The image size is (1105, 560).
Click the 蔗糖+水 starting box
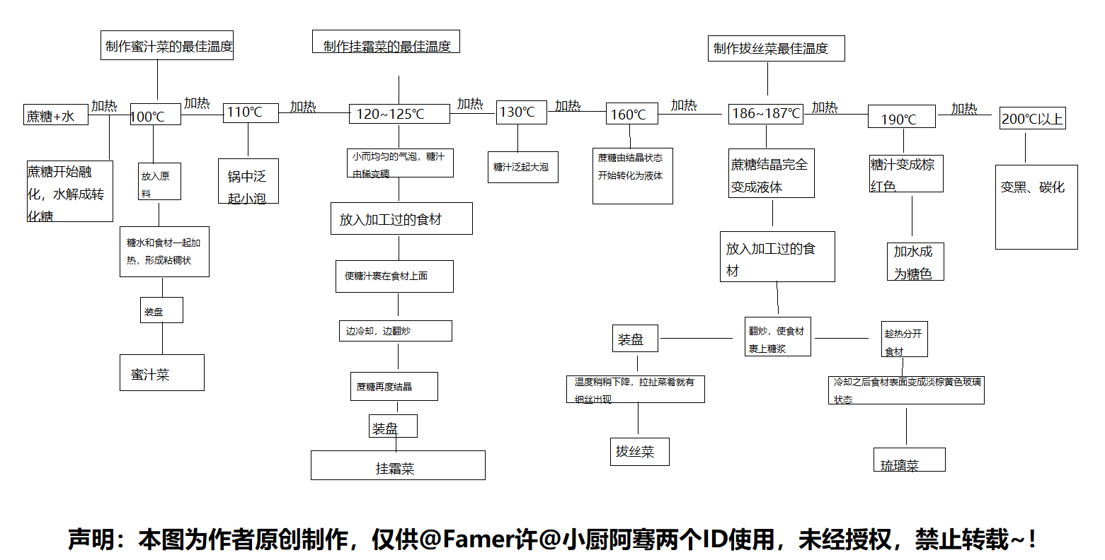click(56, 115)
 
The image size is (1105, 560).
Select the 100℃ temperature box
click(155, 115)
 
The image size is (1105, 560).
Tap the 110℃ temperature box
click(251, 112)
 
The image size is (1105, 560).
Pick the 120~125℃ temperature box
click(399, 114)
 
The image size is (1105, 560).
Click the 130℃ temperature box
click(521, 112)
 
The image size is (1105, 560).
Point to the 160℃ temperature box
click(632, 114)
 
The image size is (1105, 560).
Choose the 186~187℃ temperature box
click(766, 113)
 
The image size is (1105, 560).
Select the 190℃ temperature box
click(901, 118)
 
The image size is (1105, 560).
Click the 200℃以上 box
click(1032, 119)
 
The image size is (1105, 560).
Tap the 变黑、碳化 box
click(1036, 206)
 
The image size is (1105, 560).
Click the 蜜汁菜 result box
click(161, 373)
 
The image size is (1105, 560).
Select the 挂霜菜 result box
click(398, 465)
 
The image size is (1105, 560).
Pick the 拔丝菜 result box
click(639, 451)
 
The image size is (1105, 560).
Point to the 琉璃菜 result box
click(909, 460)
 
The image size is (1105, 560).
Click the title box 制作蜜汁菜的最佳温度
click(167, 46)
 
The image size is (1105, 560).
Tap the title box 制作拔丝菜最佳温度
click(776, 48)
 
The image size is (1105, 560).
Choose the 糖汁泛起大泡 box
click(522, 167)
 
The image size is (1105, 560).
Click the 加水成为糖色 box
click(915, 262)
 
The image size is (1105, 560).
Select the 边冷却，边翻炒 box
click(395, 331)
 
